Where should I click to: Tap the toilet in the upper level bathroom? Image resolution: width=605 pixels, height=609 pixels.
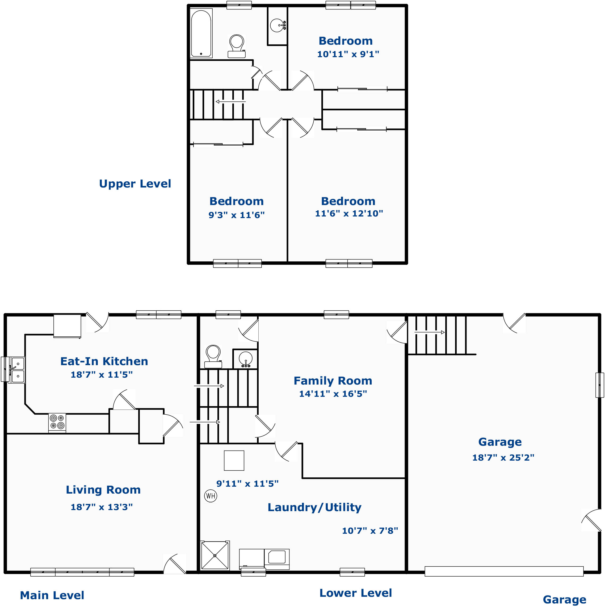[237, 46]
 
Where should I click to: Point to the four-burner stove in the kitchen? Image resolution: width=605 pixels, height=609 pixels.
[57, 422]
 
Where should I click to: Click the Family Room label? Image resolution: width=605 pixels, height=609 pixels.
[333, 381]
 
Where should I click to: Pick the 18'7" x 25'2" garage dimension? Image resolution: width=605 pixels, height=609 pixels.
[503, 457]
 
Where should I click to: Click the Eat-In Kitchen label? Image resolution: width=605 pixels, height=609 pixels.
[104, 361]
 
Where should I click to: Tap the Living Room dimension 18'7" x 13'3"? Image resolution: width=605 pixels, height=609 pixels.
[102, 507]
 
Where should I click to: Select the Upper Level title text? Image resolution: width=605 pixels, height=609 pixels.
[135, 184]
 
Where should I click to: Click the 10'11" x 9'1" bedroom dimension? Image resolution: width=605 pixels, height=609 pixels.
[348, 54]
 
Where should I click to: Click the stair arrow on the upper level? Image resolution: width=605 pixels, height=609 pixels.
[230, 102]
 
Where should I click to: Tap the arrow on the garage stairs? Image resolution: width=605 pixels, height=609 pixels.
[429, 332]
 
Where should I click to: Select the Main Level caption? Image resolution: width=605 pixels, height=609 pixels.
[52, 595]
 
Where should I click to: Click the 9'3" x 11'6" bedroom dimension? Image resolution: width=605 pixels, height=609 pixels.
[236, 215]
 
